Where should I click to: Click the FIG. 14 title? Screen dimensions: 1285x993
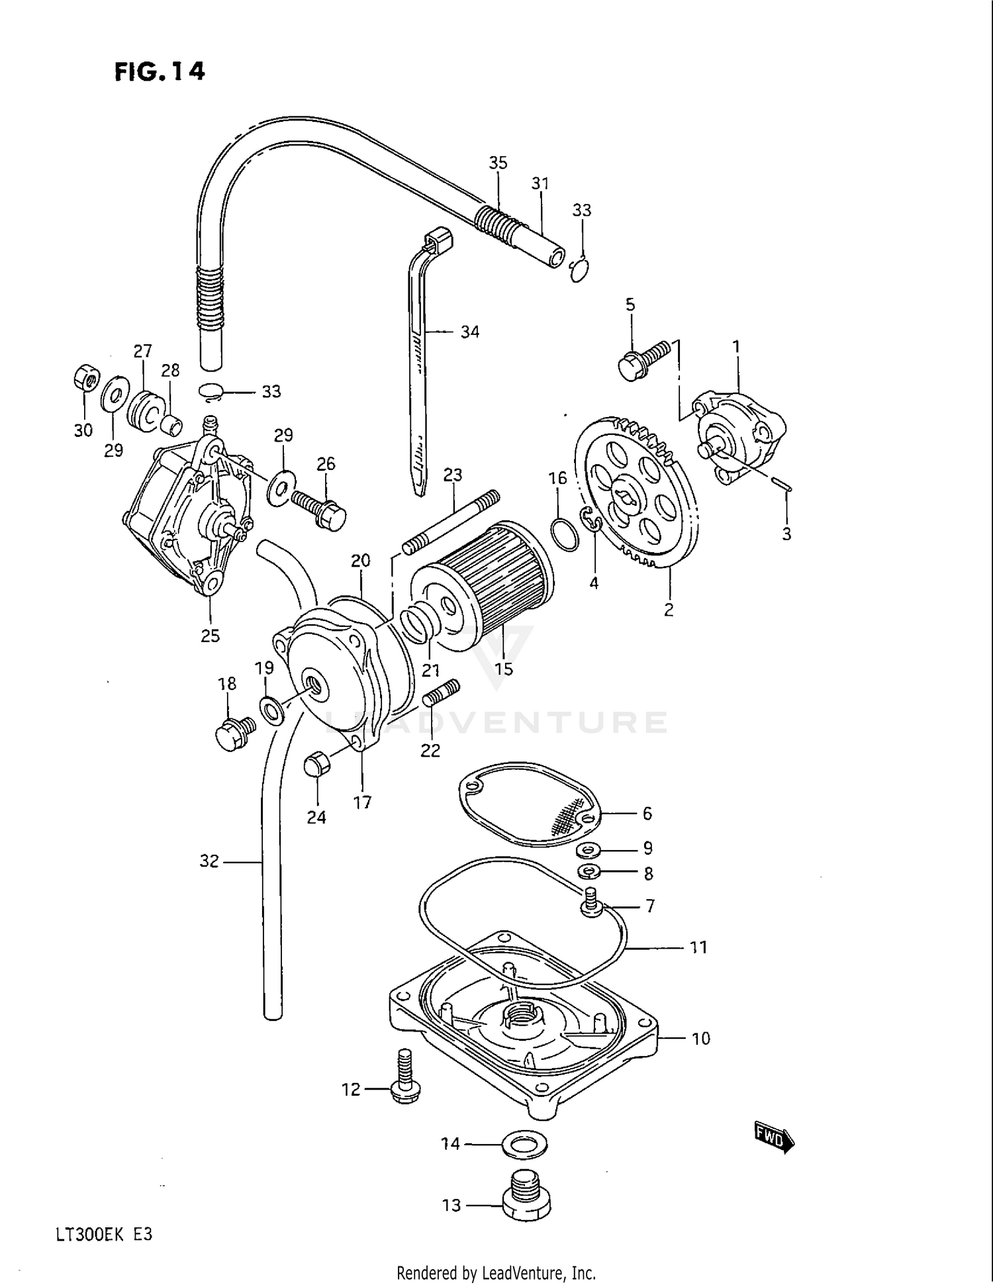pyautogui.click(x=160, y=71)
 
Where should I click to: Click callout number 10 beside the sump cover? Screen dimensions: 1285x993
pyautogui.click(x=700, y=1038)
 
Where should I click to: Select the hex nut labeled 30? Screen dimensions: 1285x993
pyautogui.click(x=86, y=379)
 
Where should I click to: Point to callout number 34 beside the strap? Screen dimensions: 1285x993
pyautogui.click(x=469, y=332)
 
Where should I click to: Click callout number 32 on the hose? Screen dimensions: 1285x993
pyautogui.click(x=209, y=861)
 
